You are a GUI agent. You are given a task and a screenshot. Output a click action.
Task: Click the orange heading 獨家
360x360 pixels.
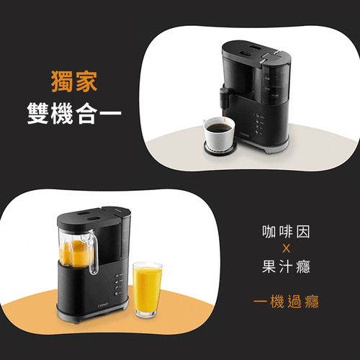[74, 81]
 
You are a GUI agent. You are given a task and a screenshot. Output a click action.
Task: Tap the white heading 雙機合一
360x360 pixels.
[74, 113]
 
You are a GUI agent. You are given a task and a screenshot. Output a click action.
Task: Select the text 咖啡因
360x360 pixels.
[286, 232]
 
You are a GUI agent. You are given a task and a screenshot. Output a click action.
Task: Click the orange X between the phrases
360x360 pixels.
[286, 248]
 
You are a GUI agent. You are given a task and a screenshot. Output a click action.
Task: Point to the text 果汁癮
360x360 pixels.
[286, 266]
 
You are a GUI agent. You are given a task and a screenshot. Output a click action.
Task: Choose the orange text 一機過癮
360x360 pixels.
[286, 301]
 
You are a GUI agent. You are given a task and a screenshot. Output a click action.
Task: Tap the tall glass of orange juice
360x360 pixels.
[148, 290]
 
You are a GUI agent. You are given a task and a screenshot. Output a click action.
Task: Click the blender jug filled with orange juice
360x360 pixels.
[78, 250]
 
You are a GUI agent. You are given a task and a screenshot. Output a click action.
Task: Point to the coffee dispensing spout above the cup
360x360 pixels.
[224, 99]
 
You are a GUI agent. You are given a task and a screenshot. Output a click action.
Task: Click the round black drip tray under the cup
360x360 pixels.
[220, 149]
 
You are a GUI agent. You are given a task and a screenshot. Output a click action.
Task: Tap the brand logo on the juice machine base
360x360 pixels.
[104, 306]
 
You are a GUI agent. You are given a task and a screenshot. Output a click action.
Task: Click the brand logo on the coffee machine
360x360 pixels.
[245, 135]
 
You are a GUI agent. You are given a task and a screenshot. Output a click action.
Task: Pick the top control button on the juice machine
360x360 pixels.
[117, 276]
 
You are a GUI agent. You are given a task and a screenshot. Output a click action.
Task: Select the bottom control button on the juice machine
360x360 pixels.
[117, 294]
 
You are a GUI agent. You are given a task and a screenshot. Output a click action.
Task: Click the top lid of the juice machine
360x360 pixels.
[94, 217]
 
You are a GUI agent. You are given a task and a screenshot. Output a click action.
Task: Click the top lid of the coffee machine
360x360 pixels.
[256, 53]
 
